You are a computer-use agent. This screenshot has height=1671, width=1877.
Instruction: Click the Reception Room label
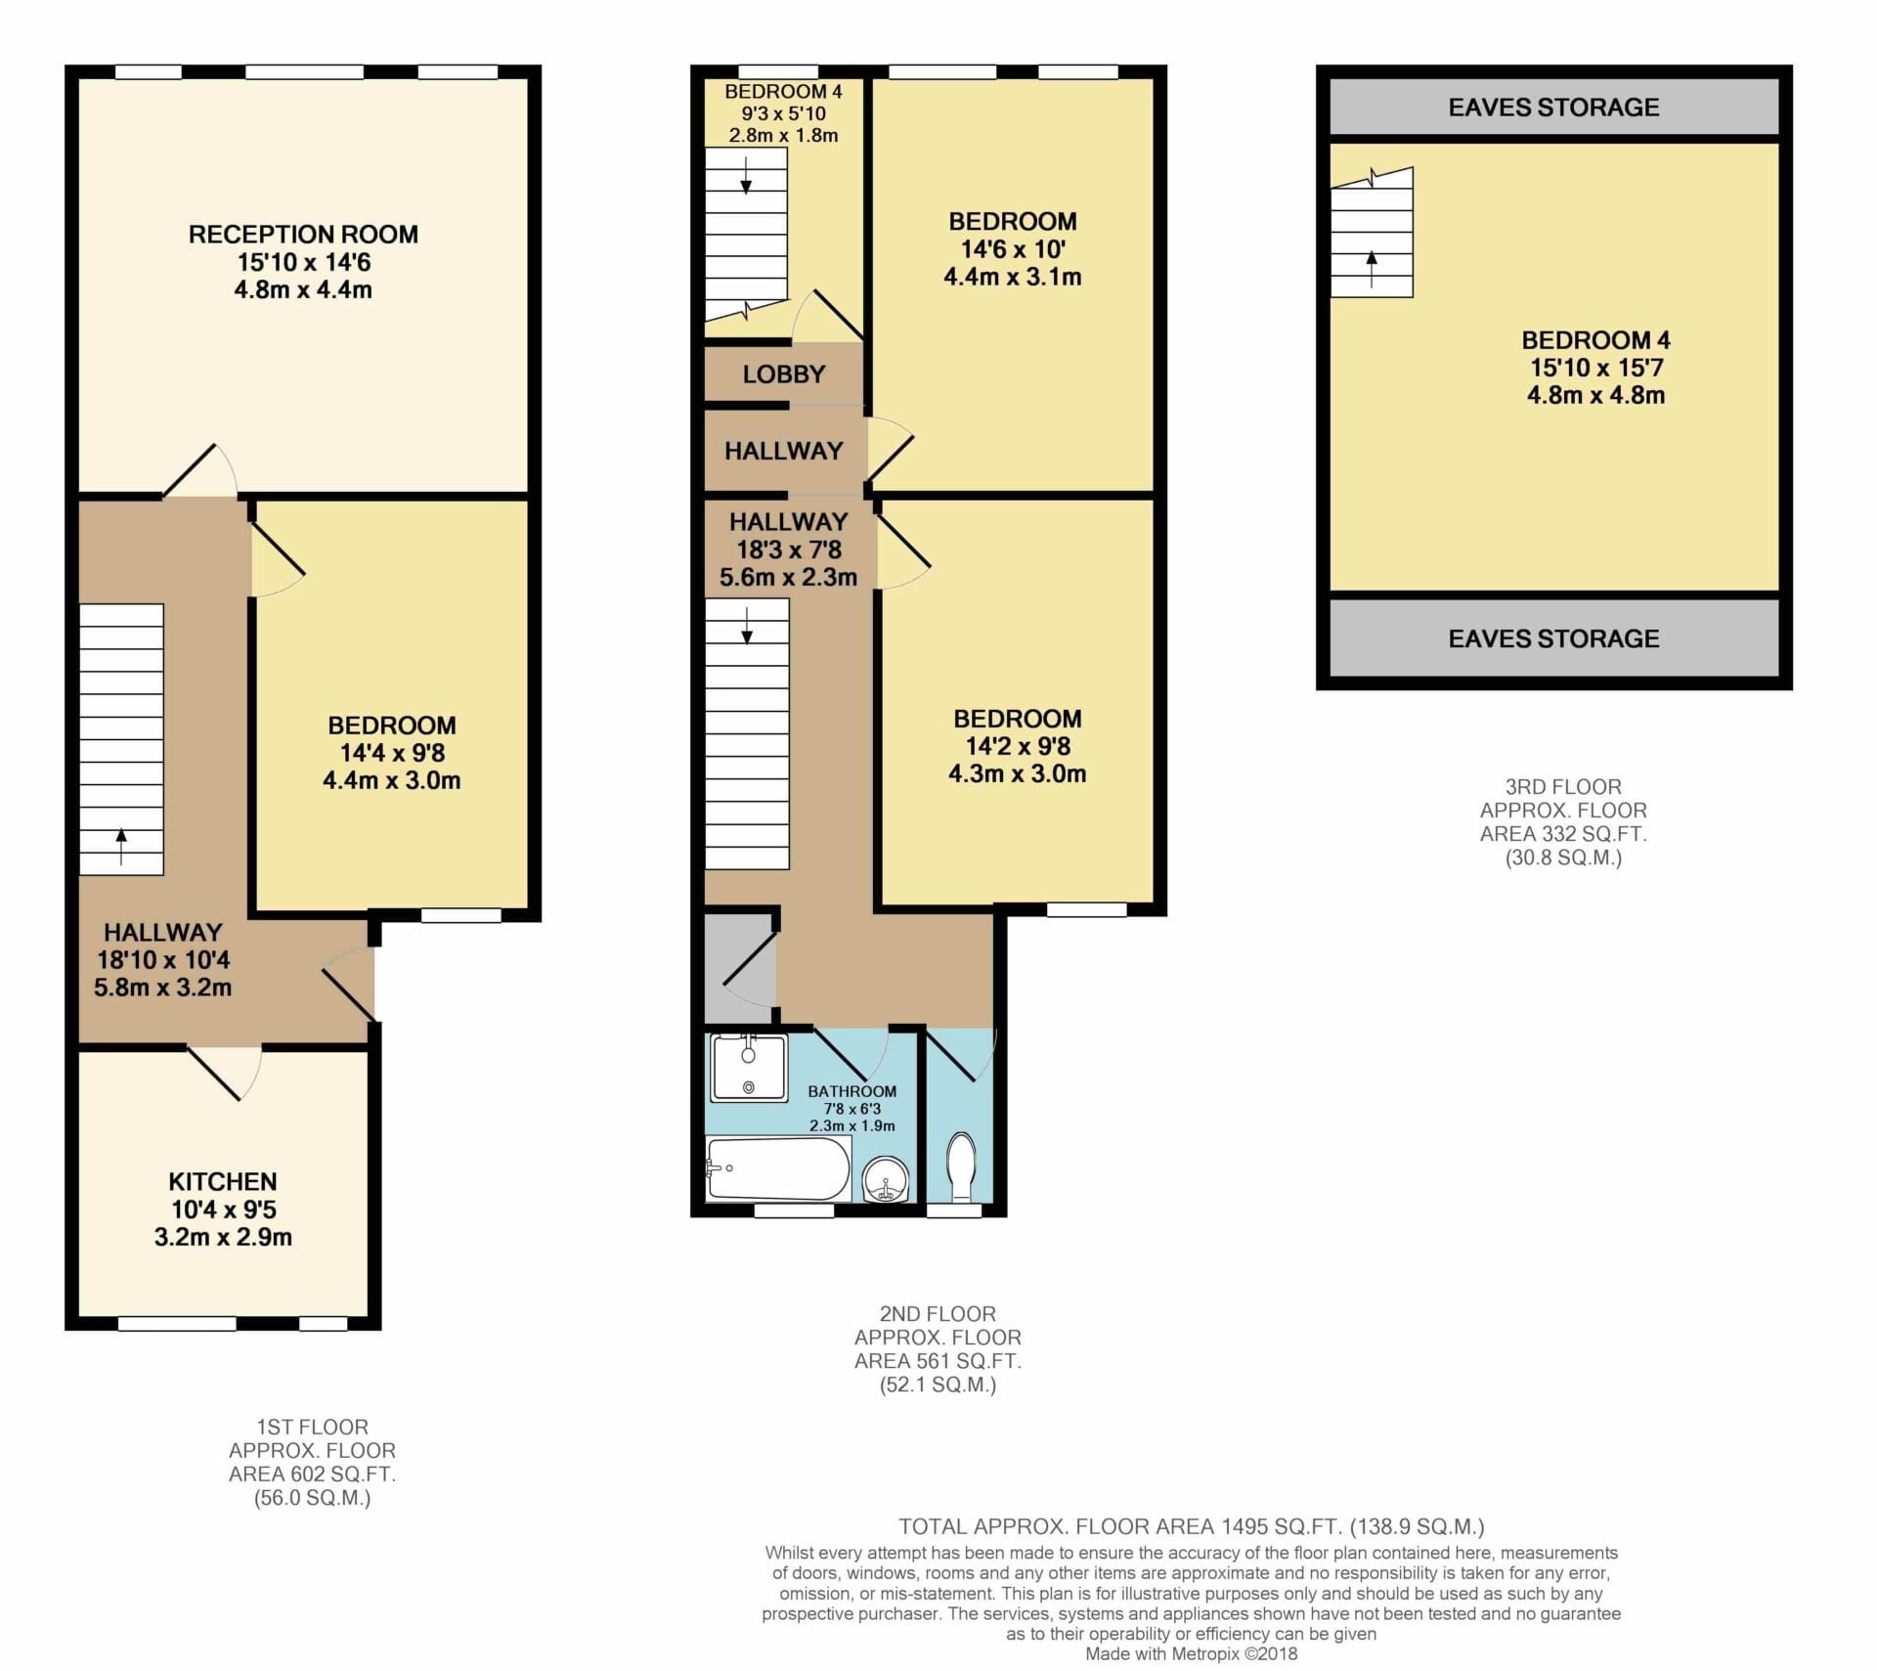pyautogui.click(x=303, y=235)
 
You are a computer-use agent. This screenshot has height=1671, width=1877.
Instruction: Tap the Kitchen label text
pyautogui.click(x=223, y=1181)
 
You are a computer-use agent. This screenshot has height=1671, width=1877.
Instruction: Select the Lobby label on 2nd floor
pyautogui.click(x=784, y=374)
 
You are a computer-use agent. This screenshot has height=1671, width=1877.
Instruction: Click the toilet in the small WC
pyautogui.click(x=962, y=1165)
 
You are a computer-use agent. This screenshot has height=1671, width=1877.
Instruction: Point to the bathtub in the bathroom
pyautogui.click(x=778, y=1167)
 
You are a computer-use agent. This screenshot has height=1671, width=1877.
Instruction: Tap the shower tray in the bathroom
pyautogui.click(x=749, y=1067)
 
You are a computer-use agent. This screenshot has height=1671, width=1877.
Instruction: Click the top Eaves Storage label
pyautogui.click(x=1553, y=108)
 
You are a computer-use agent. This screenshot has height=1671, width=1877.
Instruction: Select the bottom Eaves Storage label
pyautogui.click(x=1553, y=638)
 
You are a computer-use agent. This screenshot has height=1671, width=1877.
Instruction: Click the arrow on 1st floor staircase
pyautogui.click(x=121, y=847)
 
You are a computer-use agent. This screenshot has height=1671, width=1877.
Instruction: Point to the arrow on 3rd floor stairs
pyautogui.click(x=1372, y=269)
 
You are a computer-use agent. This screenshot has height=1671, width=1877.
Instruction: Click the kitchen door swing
pyautogui.click(x=226, y=1073)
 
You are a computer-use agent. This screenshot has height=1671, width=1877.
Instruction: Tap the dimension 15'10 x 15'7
pyautogui.click(x=1596, y=368)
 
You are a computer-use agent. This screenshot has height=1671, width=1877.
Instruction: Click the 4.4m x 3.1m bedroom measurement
pyautogui.click(x=1013, y=277)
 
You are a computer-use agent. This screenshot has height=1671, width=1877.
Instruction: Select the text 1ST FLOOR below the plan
pyautogui.click(x=312, y=1427)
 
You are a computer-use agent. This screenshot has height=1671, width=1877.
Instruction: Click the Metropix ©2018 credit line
pyautogui.click(x=1192, y=1654)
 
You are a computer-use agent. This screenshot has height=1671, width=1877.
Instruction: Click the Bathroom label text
pyautogui.click(x=851, y=1091)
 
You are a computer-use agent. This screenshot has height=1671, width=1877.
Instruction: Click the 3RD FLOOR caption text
pyautogui.click(x=1563, y=787)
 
